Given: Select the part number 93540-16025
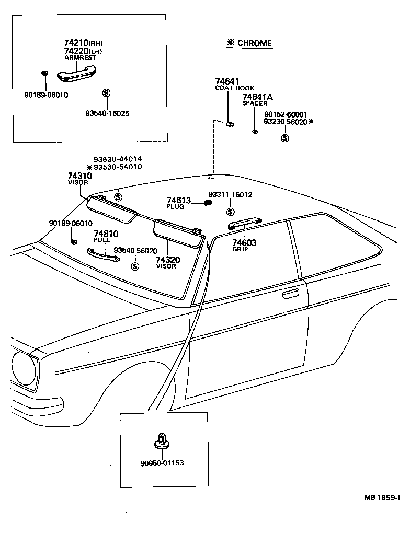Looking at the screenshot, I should tap(107, 113).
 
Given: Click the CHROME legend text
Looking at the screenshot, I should tap(249, 43).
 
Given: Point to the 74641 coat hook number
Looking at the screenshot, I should tap(227, 81).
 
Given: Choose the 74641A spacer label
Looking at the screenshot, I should tap(257, 97).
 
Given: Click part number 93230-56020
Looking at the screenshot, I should tap(285, 121).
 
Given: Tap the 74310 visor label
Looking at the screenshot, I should tap(79, 176).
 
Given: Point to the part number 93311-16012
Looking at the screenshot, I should tap(230, 195).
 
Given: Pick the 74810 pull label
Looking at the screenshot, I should tap(106, 234).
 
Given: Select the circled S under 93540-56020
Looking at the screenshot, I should tap(135, 266).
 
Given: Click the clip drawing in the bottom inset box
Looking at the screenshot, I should tap(162, 441).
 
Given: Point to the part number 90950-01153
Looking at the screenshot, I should tap(162, 463).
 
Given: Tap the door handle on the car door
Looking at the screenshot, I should tap(291, 296).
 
